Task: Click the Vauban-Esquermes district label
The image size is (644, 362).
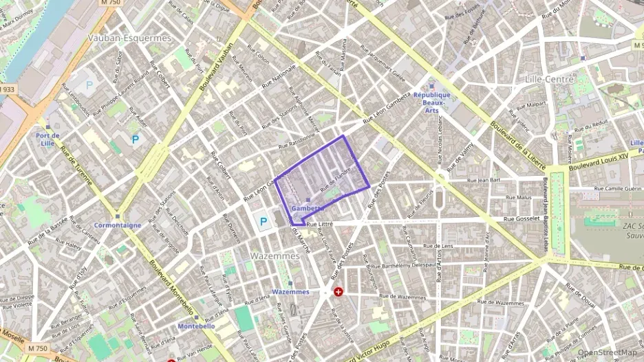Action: pyautogui.click(x=129, y=38)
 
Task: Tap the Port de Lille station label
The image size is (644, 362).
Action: pyautogui.click(x=47, y=139)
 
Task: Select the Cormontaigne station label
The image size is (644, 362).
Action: pyautogui.click(x=118, y=225)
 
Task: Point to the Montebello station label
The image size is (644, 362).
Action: pyautogui.click(x=197, y=326)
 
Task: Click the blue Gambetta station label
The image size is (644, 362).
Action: pyautogui.click(x=307, y=208)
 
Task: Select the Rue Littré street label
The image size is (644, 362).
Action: pyautogui.click(x=321, y=224)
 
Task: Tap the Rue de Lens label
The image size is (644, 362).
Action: pyautogui.click(x=438, y=245)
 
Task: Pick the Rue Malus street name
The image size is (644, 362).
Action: pyautogui.click(x=519, y=197)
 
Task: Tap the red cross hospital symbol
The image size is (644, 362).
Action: pyautogui.click(x=339, y=292)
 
